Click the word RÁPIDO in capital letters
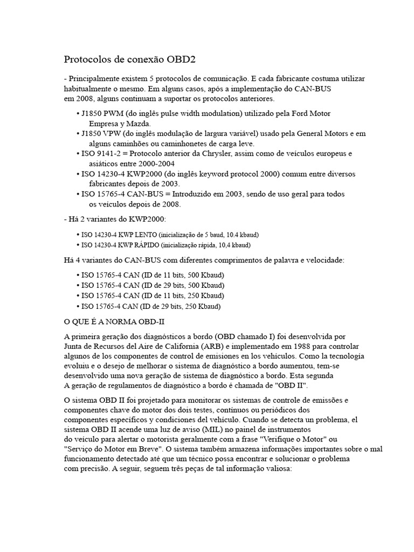pyautogui.click(x=143, y=245)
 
